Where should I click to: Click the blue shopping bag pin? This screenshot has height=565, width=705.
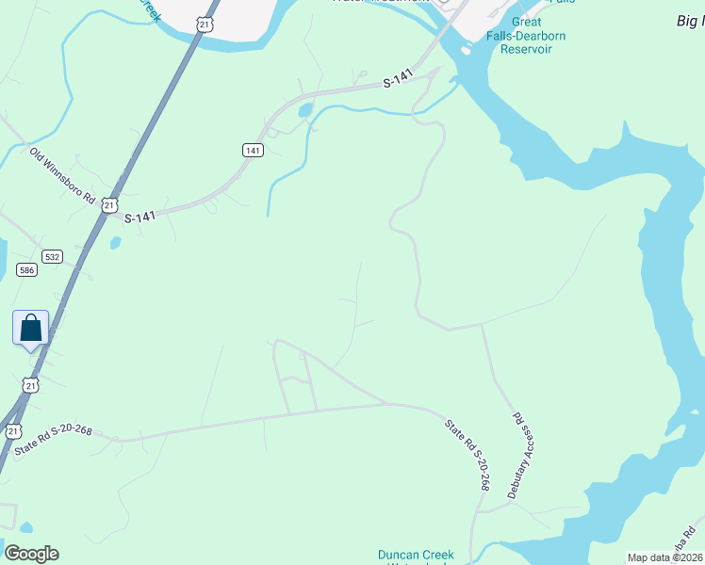coord(31,329)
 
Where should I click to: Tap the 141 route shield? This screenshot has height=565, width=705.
coord(252,150)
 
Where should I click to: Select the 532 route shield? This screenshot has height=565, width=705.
coord(52,256)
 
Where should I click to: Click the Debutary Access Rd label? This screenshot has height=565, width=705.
coord(521,455)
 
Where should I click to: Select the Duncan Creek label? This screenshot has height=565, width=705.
coord(416,555)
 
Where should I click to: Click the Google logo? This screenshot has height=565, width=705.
coord(31,553)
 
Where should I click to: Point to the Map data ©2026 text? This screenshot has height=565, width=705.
coord(664,557)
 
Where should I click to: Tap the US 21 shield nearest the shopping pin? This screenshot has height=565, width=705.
coord(31,384)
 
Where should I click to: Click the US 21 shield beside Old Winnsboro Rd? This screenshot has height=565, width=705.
coord(110,204)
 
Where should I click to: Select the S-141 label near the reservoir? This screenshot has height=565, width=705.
coord(400,84)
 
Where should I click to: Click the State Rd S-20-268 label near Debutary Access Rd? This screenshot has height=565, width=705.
coord(467,455)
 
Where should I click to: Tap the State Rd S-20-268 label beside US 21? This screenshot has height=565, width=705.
coord(55,442)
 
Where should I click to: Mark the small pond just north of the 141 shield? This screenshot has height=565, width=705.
coord(304,111)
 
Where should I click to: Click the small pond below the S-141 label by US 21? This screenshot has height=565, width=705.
coord(115,243)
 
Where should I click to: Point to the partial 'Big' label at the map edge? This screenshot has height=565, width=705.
coord(691,21)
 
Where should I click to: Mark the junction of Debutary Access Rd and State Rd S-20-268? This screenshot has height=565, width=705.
coord(482,325)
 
